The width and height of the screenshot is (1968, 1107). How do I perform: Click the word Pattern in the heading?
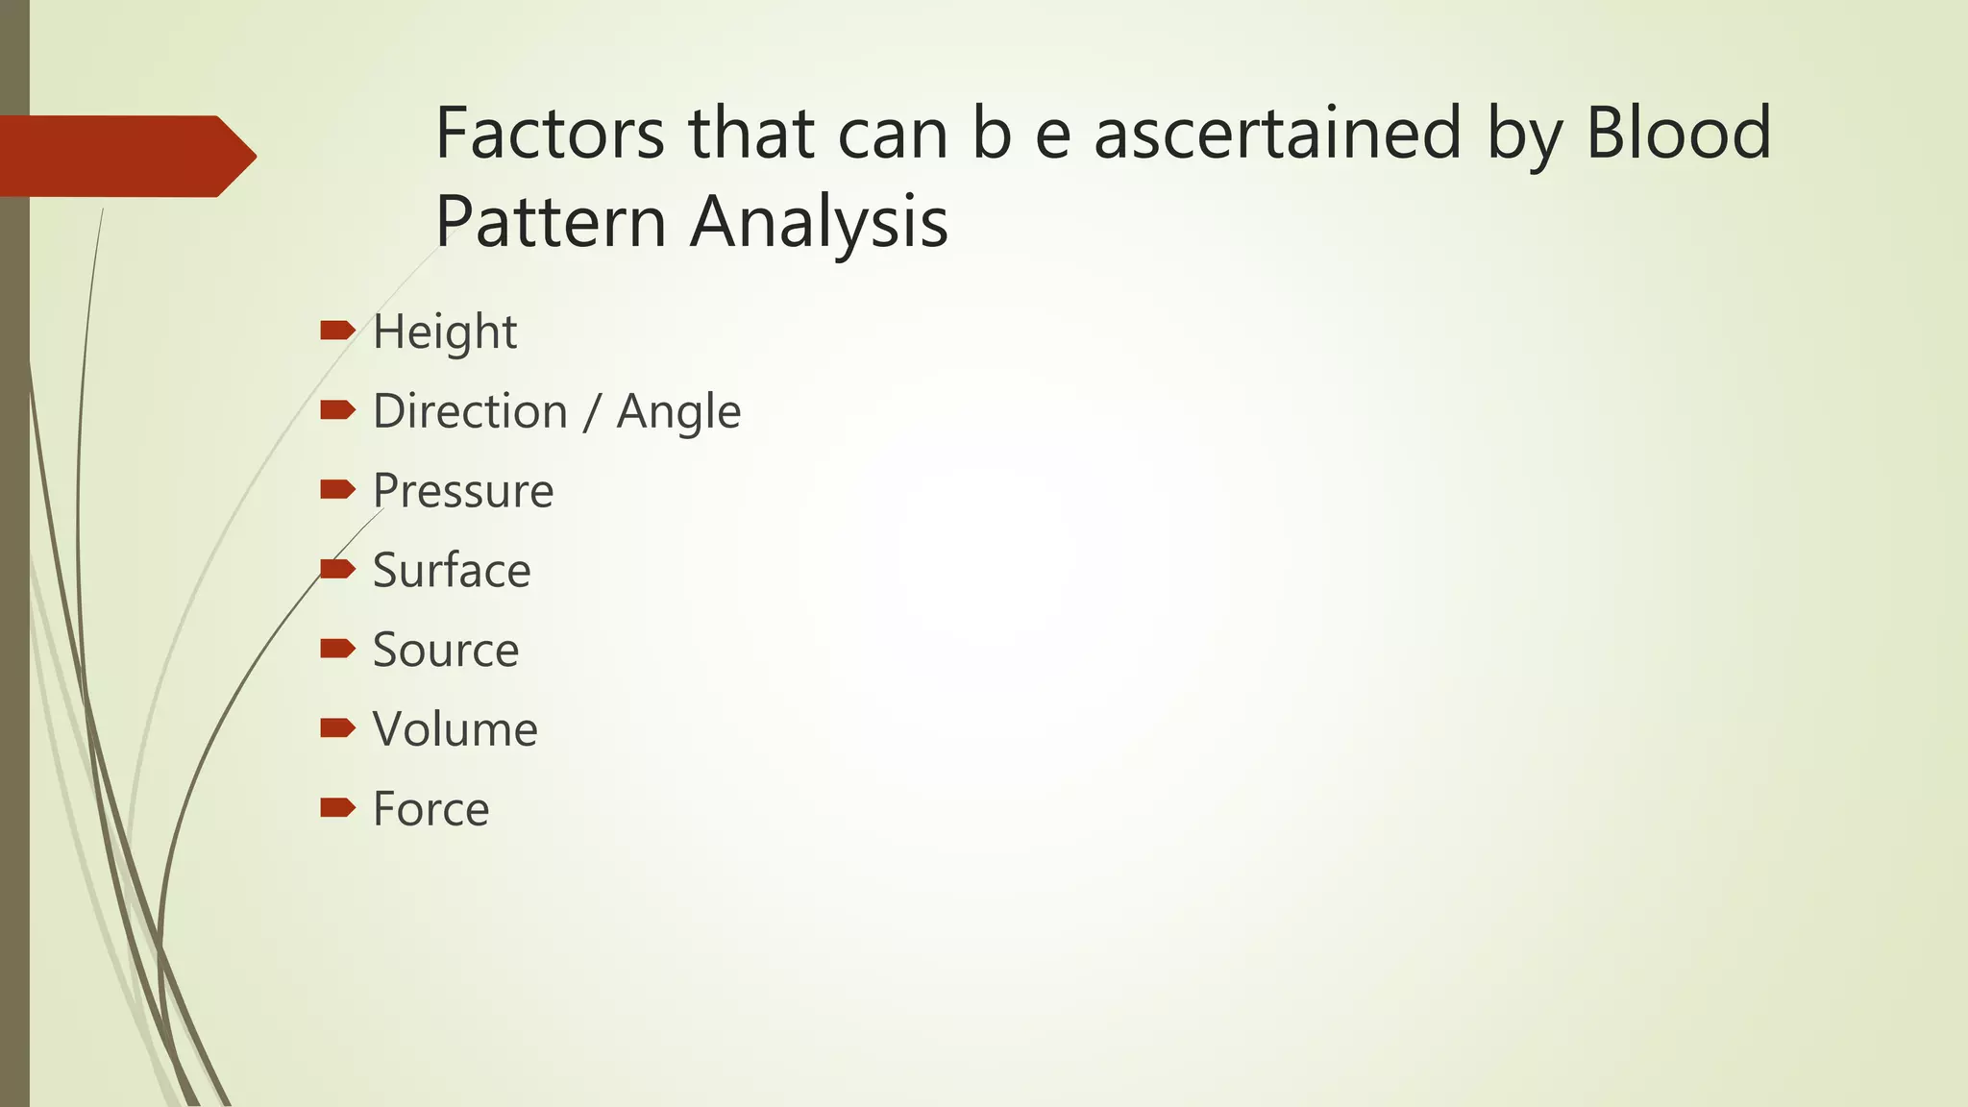click(x=551, y=221)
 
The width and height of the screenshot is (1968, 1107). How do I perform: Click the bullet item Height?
click(x=445, y=332)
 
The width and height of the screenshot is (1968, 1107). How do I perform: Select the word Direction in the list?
click(x=470, y=411)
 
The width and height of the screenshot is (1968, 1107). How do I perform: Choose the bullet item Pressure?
click(x=463, y=491)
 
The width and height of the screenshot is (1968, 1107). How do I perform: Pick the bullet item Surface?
click(x=452, y=570)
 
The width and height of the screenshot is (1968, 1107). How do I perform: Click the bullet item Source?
click(x=446, y=650)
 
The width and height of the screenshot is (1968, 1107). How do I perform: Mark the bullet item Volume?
click(x=455, y=729)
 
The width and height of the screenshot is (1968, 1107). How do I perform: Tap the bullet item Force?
click(x=430, y=809)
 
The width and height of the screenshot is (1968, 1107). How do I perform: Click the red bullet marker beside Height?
click(x=337, y=332)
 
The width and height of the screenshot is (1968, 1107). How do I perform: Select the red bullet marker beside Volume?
click(x=337, y=728)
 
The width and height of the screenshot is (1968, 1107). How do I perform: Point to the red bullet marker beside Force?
click(x=337, y=807)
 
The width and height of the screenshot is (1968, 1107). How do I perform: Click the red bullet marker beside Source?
click(x=337, y=649)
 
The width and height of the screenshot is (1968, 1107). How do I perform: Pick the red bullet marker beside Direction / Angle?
click(x=337, y=411)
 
